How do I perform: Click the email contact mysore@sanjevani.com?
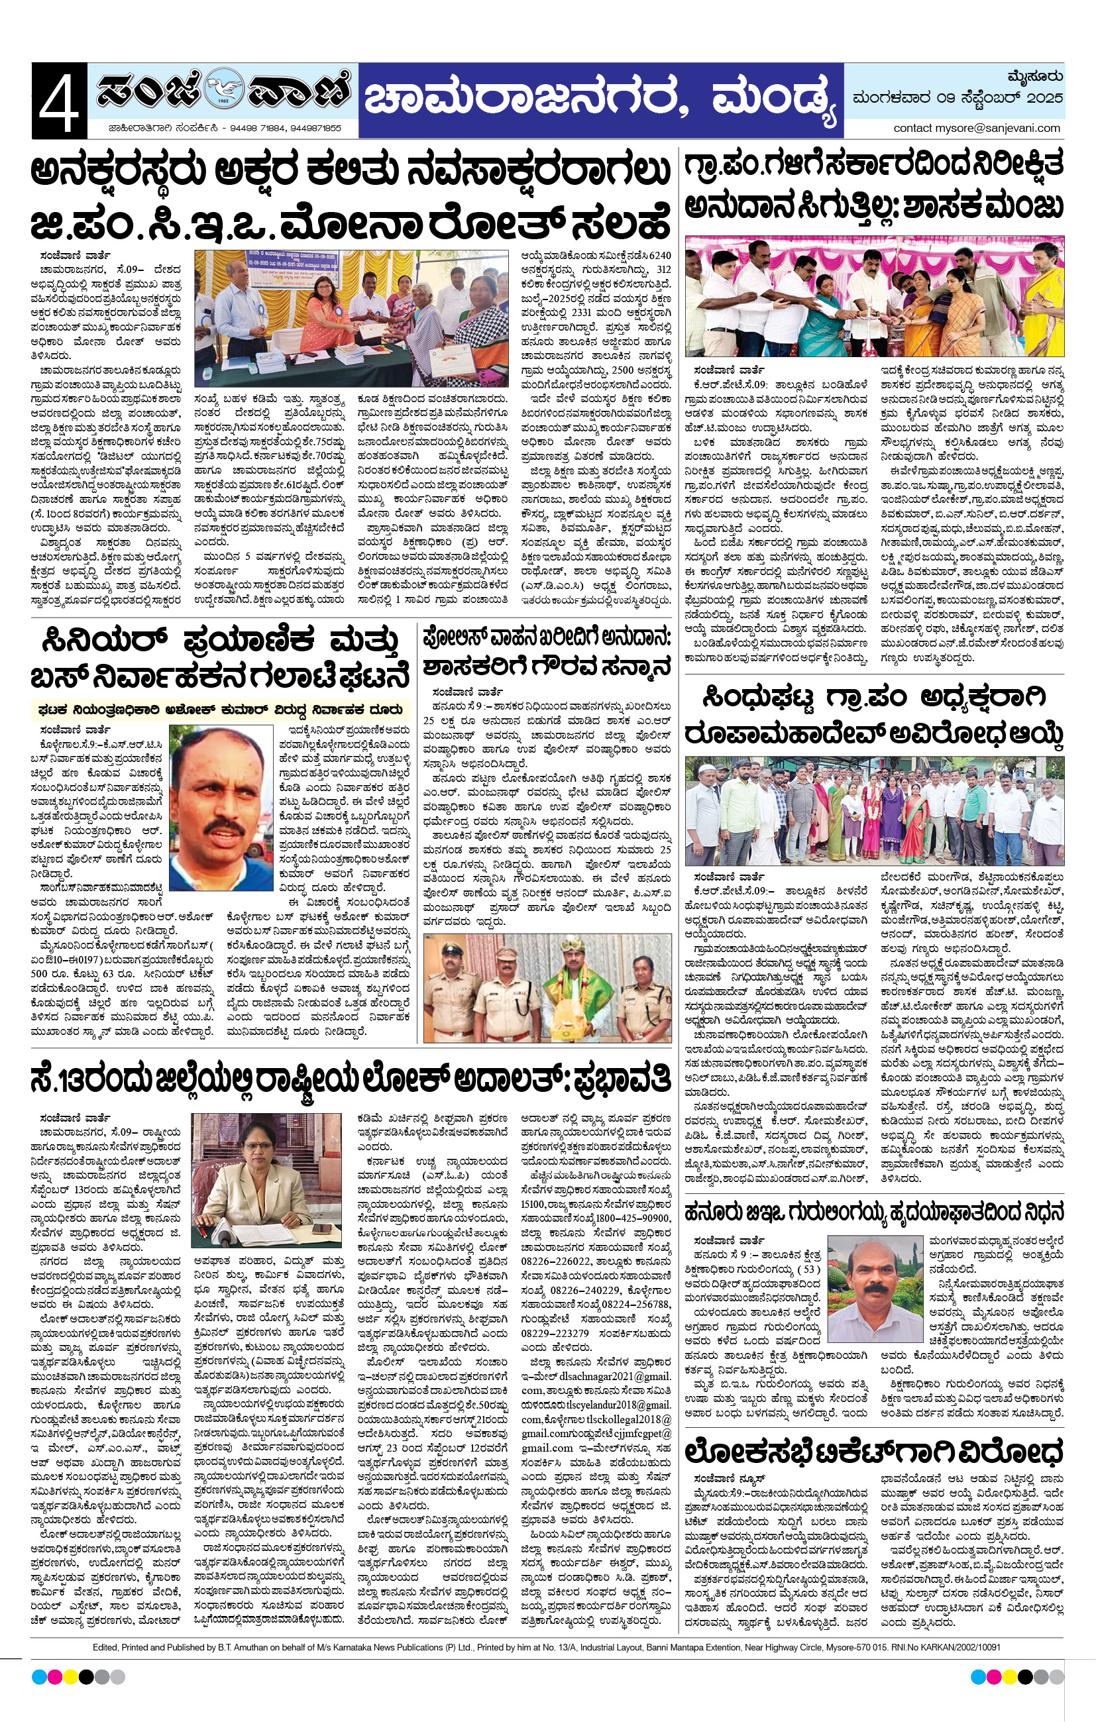point(977,128)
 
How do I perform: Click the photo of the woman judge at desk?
point(266,1179)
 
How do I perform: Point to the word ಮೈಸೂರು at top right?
point(1035,76)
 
